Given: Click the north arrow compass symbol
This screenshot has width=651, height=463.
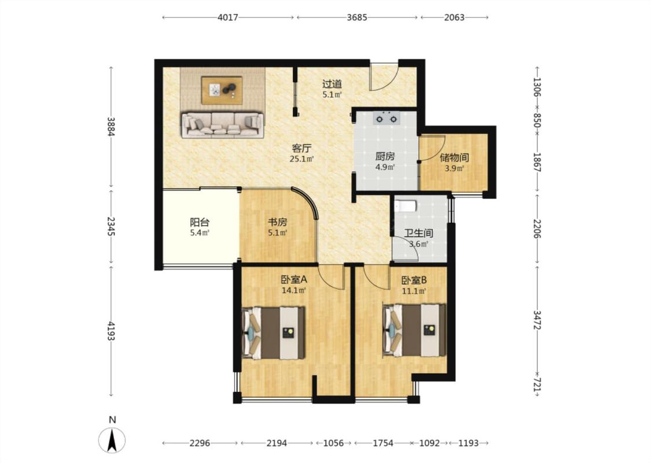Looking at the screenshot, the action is [x=112, y=440].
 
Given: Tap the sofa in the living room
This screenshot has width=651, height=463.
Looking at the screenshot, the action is [x=223, y=124].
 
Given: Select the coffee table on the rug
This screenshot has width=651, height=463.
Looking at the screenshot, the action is [x=222, y=90].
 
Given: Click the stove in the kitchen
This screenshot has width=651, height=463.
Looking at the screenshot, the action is [x=386, y=118].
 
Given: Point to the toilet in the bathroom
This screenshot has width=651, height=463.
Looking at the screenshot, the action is [x=405, y=205].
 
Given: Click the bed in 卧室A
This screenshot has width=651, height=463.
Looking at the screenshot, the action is [x=274, y=333].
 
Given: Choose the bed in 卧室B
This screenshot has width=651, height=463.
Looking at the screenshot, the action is [x=414, y=330].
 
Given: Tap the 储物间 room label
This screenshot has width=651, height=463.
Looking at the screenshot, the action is [x=454, y=158].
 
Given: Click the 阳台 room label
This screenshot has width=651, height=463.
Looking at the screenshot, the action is [x=200, y=222].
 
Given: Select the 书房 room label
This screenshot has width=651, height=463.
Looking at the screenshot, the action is [x=277, y=222].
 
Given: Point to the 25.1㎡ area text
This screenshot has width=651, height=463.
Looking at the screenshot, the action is [x=302, y=159].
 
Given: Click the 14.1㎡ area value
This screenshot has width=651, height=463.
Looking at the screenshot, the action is [x=294, y=291].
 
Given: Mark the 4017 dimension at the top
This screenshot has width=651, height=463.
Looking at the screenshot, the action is [x=228, y=17].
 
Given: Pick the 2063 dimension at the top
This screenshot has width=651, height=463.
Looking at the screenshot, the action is [x=454, y=17].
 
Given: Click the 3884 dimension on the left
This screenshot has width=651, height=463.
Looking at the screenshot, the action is [x=111, y=127].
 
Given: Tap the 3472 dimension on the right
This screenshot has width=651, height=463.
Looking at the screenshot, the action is [x=537, y=319].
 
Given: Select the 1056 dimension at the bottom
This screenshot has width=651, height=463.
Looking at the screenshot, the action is [x=334, y=443].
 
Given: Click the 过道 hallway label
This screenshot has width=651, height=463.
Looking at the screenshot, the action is [x=332, y=84].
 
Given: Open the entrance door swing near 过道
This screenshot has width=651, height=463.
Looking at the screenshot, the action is [x=384, y=77].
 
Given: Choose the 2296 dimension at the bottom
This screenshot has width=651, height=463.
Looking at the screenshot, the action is [x=200, y=443].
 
